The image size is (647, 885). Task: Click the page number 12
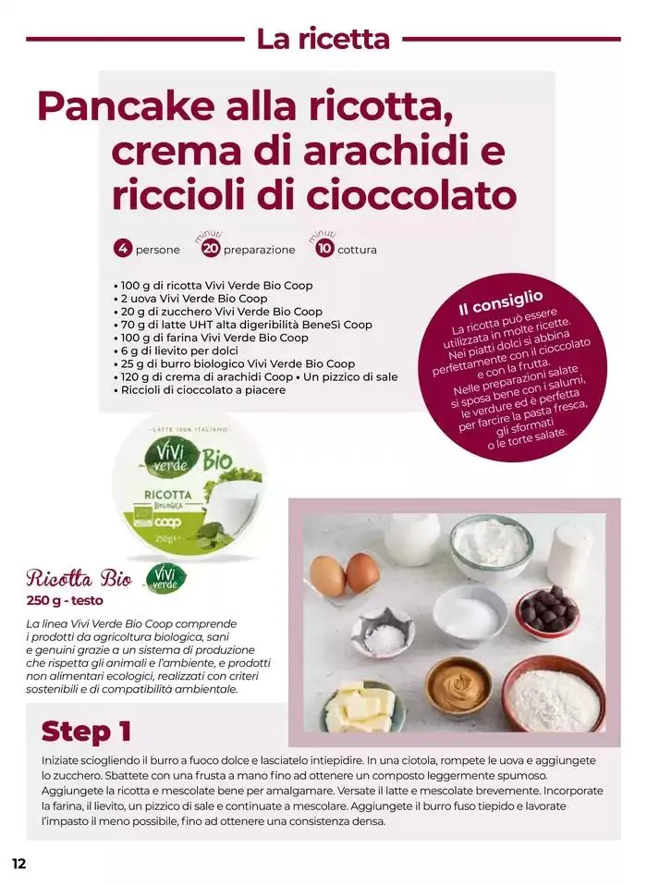point(18,864)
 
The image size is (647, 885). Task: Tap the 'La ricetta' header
point(323,39)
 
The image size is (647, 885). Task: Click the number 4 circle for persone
point(122,249)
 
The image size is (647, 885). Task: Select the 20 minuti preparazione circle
point(211,249)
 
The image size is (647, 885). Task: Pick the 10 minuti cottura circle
point(324,249)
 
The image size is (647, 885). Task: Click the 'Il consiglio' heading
point(500,302)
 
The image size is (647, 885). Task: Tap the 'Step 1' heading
point(86,731)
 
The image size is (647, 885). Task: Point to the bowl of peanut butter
point(458,687)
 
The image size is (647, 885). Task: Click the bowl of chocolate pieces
point(546,612)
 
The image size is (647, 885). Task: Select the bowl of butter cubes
point(362,706)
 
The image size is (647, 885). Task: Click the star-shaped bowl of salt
point(379,633)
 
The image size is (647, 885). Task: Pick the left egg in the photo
point(328,576)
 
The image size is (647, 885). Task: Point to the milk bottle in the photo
point(412,538)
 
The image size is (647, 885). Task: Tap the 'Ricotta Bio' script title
point(79,579)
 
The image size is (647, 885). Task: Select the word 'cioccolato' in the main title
point(412,195)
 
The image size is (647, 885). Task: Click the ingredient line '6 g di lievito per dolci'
point(176,350)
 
